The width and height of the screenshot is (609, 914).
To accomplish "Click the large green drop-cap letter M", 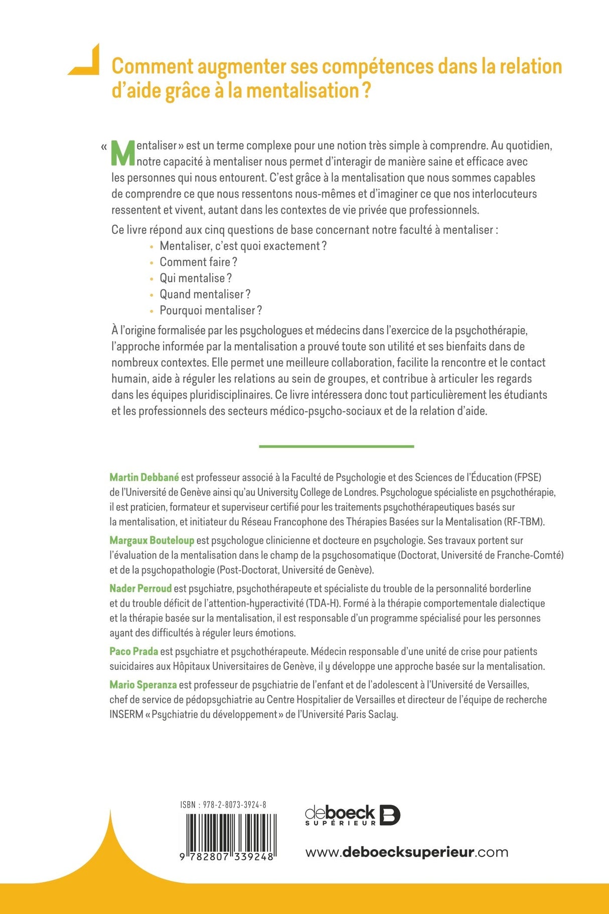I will [123, 153].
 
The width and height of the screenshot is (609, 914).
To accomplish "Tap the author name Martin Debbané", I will [144, 477].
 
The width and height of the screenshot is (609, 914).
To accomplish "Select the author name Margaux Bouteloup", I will [151, 541].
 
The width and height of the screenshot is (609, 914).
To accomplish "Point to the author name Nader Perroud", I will [140, 588].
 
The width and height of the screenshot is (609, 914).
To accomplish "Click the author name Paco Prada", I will [133, 651].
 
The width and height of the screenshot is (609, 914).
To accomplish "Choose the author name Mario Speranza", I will [143, 685].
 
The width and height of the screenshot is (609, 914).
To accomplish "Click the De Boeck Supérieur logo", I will [352, 815].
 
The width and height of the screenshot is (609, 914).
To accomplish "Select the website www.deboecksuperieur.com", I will [406, 852].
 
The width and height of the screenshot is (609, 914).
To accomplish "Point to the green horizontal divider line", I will [336, 446].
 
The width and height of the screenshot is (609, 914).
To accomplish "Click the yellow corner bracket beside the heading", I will [86, 61].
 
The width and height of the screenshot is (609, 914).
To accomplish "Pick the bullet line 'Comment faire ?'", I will [198, 262].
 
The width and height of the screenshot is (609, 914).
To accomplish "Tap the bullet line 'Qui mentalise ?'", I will [196, 278].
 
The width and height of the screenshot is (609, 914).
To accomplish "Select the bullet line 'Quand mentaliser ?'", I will [205, 294].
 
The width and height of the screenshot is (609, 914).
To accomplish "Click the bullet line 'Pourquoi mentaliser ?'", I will [211, 310].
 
